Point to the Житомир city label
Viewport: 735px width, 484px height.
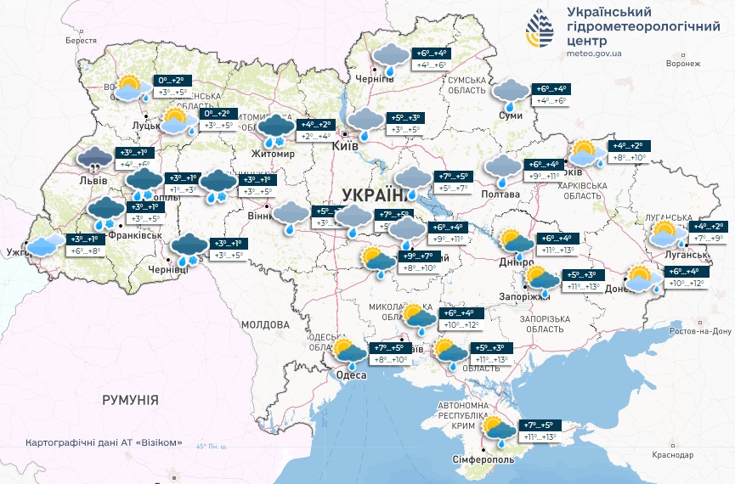[x=271, y=154]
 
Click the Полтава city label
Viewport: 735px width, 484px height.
[x=502, y=194]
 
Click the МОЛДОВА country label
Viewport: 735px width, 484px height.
[x=265, y=324]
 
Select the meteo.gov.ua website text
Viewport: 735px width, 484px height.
[x=593, y=53]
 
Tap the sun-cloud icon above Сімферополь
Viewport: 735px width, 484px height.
[x=498, y=431]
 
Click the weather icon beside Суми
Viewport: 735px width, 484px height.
[x=511, y=94]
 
